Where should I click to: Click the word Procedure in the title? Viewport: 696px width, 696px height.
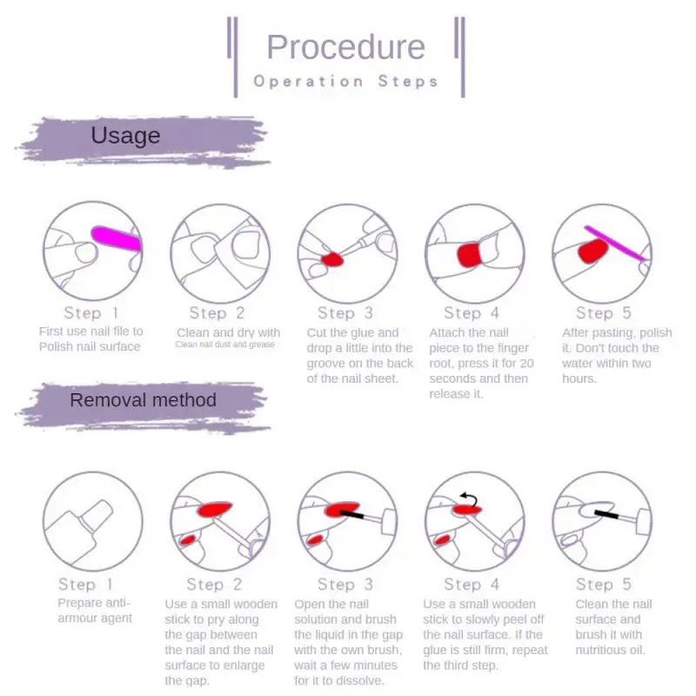tap(345, 47)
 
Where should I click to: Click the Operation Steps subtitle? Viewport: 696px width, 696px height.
tap(345, 81)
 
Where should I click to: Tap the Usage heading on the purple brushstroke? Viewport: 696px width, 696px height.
tap(125, 136)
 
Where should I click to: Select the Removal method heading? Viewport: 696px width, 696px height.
tap(143, 400)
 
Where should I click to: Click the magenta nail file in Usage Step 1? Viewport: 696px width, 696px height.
tap(117, 238)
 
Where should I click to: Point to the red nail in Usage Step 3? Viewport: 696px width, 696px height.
tap(332, 259)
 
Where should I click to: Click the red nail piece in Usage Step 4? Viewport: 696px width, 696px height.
tap(469, 255)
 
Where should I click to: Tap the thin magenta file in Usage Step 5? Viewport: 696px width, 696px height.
tap(615, 244)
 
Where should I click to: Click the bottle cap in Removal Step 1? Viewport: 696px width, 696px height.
tap(96, 515)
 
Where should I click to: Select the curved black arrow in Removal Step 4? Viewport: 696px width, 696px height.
tap(471, 499)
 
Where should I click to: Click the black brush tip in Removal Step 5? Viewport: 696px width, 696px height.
tap(606, 515)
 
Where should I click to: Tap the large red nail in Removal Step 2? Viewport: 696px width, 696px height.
tap(215, 509)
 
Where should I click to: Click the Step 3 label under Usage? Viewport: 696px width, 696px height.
tap(345, 313)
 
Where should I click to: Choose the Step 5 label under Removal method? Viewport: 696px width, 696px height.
tap(603, 584)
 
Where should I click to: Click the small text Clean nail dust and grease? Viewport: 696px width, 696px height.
tap(225, 345)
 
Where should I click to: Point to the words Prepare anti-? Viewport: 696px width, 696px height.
tap(94, 603)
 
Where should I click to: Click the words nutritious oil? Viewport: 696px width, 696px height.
tap(610, 650)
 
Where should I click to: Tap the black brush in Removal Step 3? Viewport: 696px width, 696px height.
tap(351, 514)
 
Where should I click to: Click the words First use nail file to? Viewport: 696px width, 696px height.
tap(91, 331)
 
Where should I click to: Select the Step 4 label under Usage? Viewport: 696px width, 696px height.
tap(472, 313)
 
